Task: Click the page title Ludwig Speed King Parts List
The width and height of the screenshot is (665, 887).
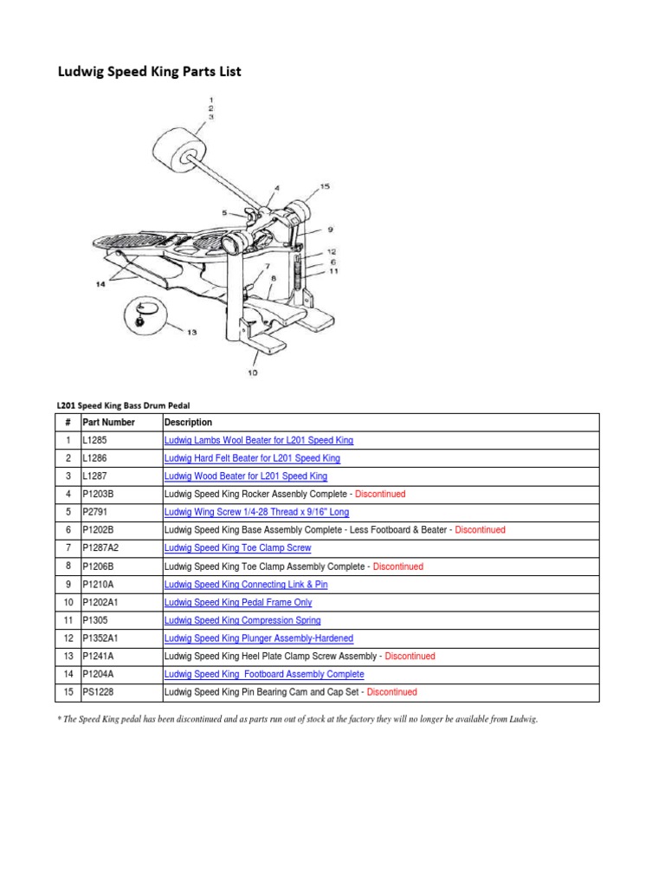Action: [x=149, y=72]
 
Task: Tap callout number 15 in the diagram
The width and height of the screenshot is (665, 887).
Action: [x=325, y=186]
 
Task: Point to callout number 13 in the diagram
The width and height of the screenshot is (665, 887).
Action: [x=191, y=332]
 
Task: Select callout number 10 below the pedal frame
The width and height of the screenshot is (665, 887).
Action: [x=252, y=372]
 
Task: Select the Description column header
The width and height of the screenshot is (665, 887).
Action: [x=188, y=423]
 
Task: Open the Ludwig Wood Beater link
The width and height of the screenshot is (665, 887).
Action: [x=246, y=476]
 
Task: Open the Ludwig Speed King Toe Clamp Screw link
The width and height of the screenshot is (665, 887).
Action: [x=237, y=548]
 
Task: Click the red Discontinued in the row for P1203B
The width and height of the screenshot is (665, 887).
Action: [x=381, y=495]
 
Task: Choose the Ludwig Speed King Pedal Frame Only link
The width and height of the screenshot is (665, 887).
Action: [x=238, y=602]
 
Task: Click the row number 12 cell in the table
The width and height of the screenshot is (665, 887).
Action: [x=67, y=638]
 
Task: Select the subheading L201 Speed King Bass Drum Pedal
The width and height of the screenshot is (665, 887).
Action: [x=123, y=405]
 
